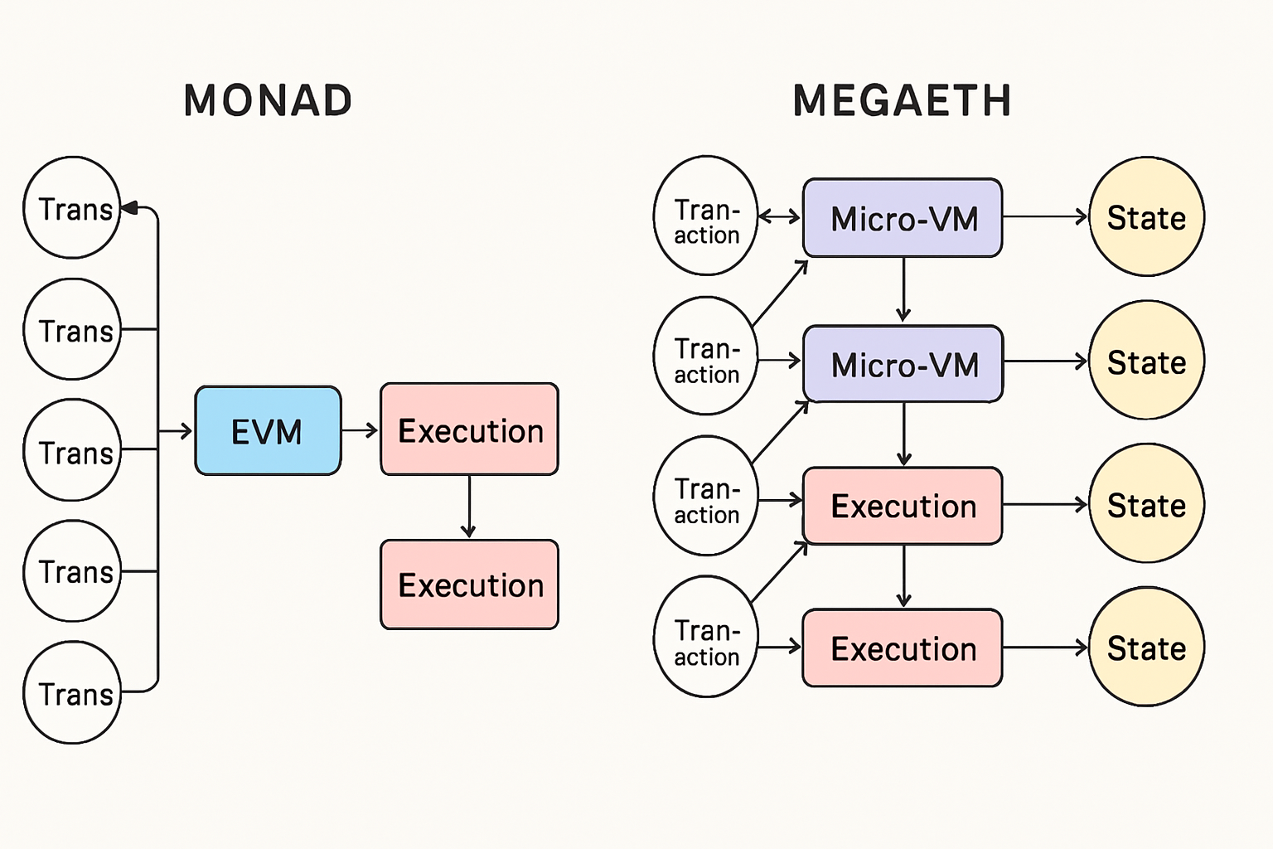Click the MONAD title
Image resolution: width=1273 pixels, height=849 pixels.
coord(268,101)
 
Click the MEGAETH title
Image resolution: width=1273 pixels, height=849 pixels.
coord(902,101)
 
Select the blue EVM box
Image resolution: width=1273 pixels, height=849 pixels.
coord(268,430)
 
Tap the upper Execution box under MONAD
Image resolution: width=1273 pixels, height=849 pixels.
coord(469,429)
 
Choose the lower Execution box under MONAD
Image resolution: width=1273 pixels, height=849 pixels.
coord(469,585)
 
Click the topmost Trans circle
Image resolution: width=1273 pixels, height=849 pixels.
coord(73,208)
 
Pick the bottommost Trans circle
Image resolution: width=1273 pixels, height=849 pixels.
coord(73,692)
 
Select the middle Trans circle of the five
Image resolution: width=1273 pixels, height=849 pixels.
coord(73,450)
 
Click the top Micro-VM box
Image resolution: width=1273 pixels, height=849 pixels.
coord(903,218)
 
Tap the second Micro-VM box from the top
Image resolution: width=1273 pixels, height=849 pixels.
coord(903,364)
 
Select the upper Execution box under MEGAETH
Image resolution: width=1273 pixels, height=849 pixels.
coord(903,506)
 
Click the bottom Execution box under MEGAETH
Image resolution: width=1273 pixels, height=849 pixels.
coord(903,648)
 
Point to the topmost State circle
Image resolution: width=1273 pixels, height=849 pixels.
coord(1146,216)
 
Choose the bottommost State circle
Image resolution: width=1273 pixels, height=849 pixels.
coord(1146,647)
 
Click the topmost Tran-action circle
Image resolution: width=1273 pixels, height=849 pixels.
coord(705,216)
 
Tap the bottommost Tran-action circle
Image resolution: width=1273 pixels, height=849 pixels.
coord(705,637)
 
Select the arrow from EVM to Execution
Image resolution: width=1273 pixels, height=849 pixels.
coord(360,430)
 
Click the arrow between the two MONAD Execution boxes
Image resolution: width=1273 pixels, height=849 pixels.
coord(469,507)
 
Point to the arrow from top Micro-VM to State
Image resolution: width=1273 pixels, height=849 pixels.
coord(1044,216)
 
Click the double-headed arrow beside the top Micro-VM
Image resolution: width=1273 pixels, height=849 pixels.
coord(779,216)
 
